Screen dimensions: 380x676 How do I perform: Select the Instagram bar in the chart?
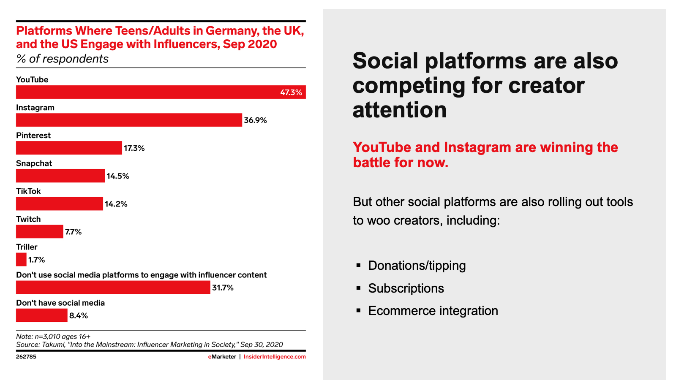tap(129, 120)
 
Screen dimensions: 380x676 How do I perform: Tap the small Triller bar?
tap(21, 259)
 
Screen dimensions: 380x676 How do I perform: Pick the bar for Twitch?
tap(39, 231)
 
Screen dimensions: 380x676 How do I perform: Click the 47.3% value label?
tap(291, 92)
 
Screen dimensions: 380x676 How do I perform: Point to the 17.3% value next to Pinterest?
tap(134, 148)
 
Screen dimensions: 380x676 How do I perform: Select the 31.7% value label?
tap(223, 288)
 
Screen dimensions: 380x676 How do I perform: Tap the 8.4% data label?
tap(79, 315)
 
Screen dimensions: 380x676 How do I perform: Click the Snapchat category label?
tap(34, 163)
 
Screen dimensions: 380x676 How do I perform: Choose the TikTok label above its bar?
tap(28, 191)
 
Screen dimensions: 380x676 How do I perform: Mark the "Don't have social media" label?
tap(60, 303)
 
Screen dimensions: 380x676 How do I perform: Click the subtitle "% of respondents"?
tap(62, 59)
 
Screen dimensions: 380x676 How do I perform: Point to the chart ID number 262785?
tap(26, 357)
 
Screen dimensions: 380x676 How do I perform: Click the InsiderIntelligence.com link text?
tap(275, 357)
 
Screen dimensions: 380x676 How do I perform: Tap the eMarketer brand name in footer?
tap(222, 357)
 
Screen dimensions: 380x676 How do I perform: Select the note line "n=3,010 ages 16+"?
tap(53, 337)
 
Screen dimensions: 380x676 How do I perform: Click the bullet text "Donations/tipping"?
tap(417, 266)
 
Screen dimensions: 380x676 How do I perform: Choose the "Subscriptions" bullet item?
tap(406, 288)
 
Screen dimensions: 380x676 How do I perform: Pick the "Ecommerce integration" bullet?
tap(433, 311)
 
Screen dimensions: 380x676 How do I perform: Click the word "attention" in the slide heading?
tap(399, 110)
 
